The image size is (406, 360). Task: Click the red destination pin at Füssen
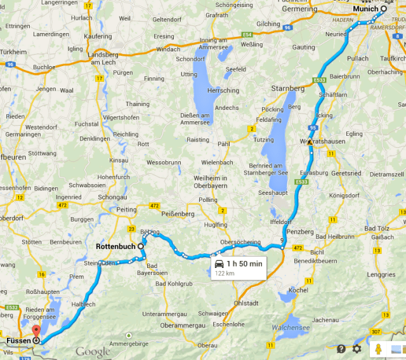click(x=36, y=331)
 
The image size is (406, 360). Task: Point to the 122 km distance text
click(x=225, y=273)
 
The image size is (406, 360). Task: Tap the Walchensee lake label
click(x=292, y=328)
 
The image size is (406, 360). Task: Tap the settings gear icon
click(x=357, y=349)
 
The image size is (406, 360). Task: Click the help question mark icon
click(x=341, y=349)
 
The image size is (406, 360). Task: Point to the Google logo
click(x=93, y=352)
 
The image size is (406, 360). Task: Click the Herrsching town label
click(x=223, y=91)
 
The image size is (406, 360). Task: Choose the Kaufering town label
click(x=97, y=37)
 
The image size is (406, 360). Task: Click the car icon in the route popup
click(x=219, y=263)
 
